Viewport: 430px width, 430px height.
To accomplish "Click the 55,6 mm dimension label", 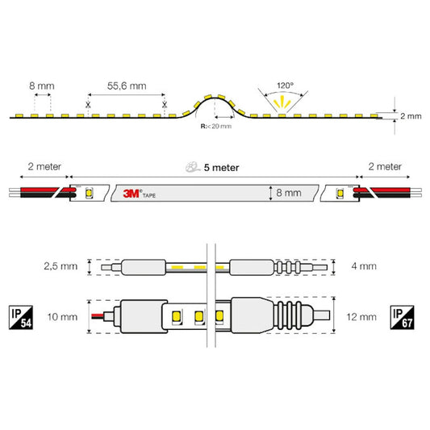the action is click(x=127, y=86).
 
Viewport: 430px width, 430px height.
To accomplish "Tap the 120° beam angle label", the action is click(x=286, y=86).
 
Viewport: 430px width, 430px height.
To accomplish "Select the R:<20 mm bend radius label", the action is click(x=216, y=126).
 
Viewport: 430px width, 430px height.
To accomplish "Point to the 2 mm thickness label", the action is click(x=411, y=116).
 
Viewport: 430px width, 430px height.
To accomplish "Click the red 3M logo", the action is click(x=131, y=194).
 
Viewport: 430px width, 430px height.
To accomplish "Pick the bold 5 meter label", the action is click(x=221, y=168).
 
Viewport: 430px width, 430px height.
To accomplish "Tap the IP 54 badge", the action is click(x=21, y=317).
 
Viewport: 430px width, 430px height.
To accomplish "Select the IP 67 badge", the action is click(x=402, y=317).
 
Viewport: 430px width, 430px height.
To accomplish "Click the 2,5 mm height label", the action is click(x=61, y=266).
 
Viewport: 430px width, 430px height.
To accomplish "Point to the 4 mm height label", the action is click(x=364, y=266).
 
